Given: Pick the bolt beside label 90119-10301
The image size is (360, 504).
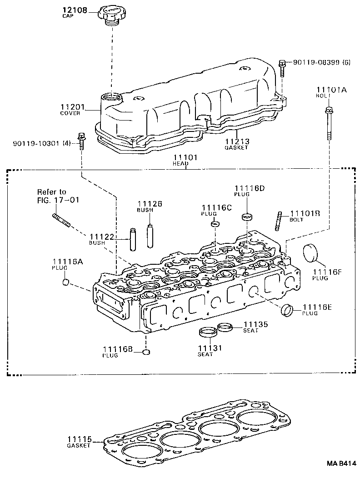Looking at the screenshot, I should (x=82, y=141).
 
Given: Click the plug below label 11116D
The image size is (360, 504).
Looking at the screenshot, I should (x=247, y=217).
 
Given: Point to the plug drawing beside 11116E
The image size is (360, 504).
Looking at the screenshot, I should (x=287, y=311).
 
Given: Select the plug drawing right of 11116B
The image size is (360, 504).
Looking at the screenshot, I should (x=146, y=352).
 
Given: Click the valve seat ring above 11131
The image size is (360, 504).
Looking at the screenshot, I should (x=207, y=332).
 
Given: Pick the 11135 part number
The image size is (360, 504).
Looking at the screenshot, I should (x=255, y=324).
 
